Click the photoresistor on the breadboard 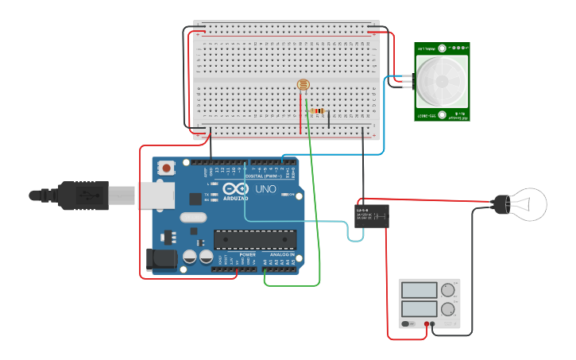tap(303, 85)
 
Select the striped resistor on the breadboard tap(319, 112)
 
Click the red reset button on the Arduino tap(166, 168)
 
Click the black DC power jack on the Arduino tap(161, 259)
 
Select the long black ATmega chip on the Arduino tap(255, 238)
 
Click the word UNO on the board tap(265, 189)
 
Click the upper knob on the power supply tap(448, 289)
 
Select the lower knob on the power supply tap(448, 308)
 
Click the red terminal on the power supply tap(427, 324)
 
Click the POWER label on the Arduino tap(237, 254)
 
